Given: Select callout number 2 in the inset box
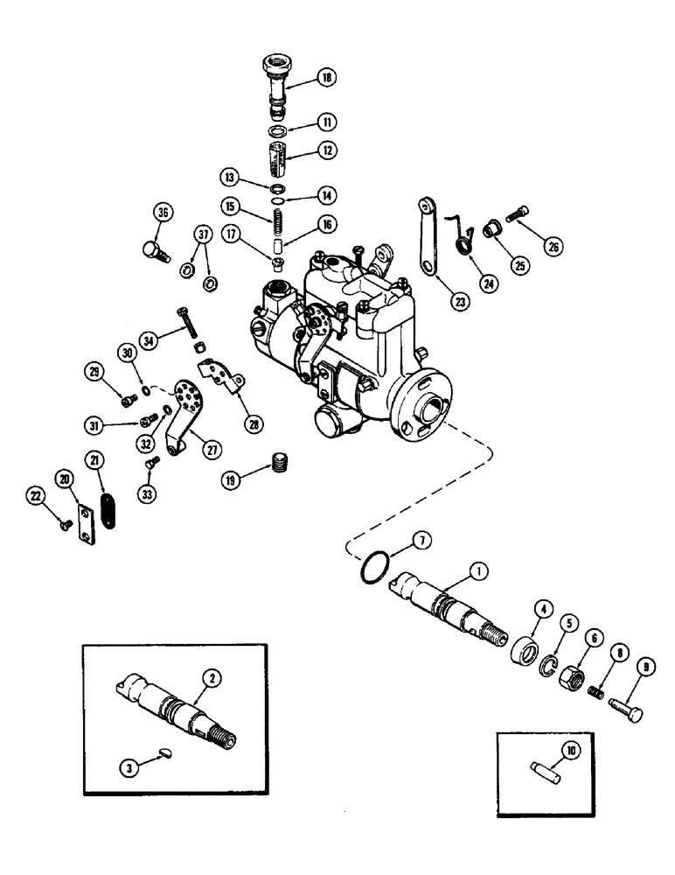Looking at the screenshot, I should click(208, 675).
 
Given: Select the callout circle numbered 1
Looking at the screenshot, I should click(477, 570).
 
